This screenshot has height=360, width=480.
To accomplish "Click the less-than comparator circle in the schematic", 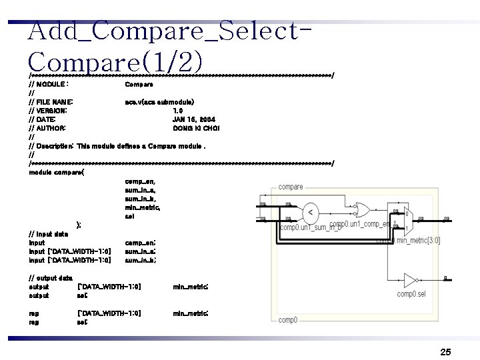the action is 309,212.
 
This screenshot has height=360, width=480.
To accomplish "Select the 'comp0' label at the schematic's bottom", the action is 288,320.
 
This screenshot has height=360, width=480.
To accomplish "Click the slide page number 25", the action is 446,351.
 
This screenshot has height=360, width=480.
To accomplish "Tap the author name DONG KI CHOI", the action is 196,127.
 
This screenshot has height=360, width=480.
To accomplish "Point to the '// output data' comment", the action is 52,277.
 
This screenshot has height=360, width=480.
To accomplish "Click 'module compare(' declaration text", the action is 57,172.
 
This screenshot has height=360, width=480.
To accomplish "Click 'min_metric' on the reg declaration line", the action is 191,312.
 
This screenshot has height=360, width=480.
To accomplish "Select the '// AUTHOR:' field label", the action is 48,127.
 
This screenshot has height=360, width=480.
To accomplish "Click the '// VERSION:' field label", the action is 49,110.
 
